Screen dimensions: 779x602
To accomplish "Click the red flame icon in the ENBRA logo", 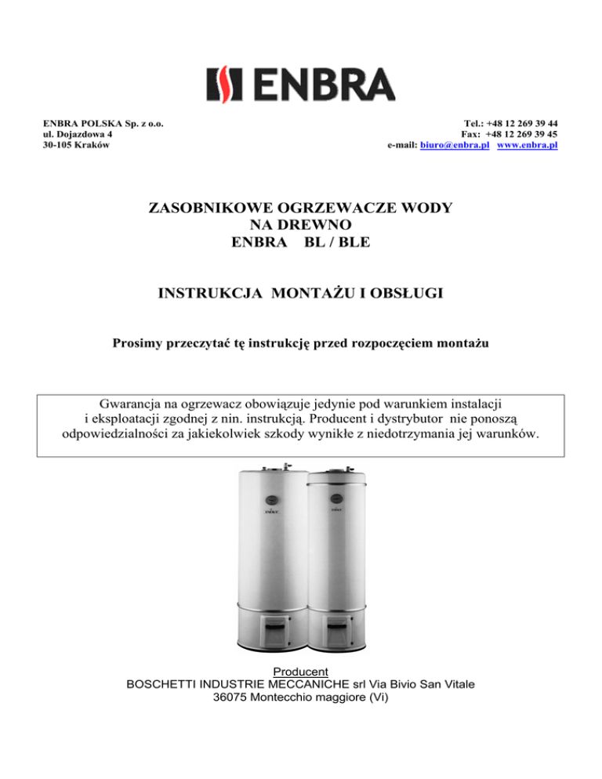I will tap(219, 83).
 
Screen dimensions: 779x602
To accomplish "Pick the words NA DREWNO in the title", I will tap(301, 226).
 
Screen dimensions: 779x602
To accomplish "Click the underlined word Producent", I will tap(300, 671).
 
